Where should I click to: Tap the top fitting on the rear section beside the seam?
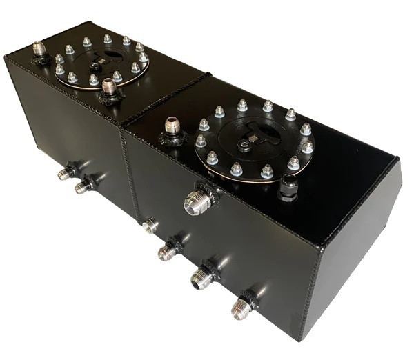coord(108,88)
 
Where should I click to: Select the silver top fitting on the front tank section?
coord(171,128)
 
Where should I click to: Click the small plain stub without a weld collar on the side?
coord(148,225)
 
